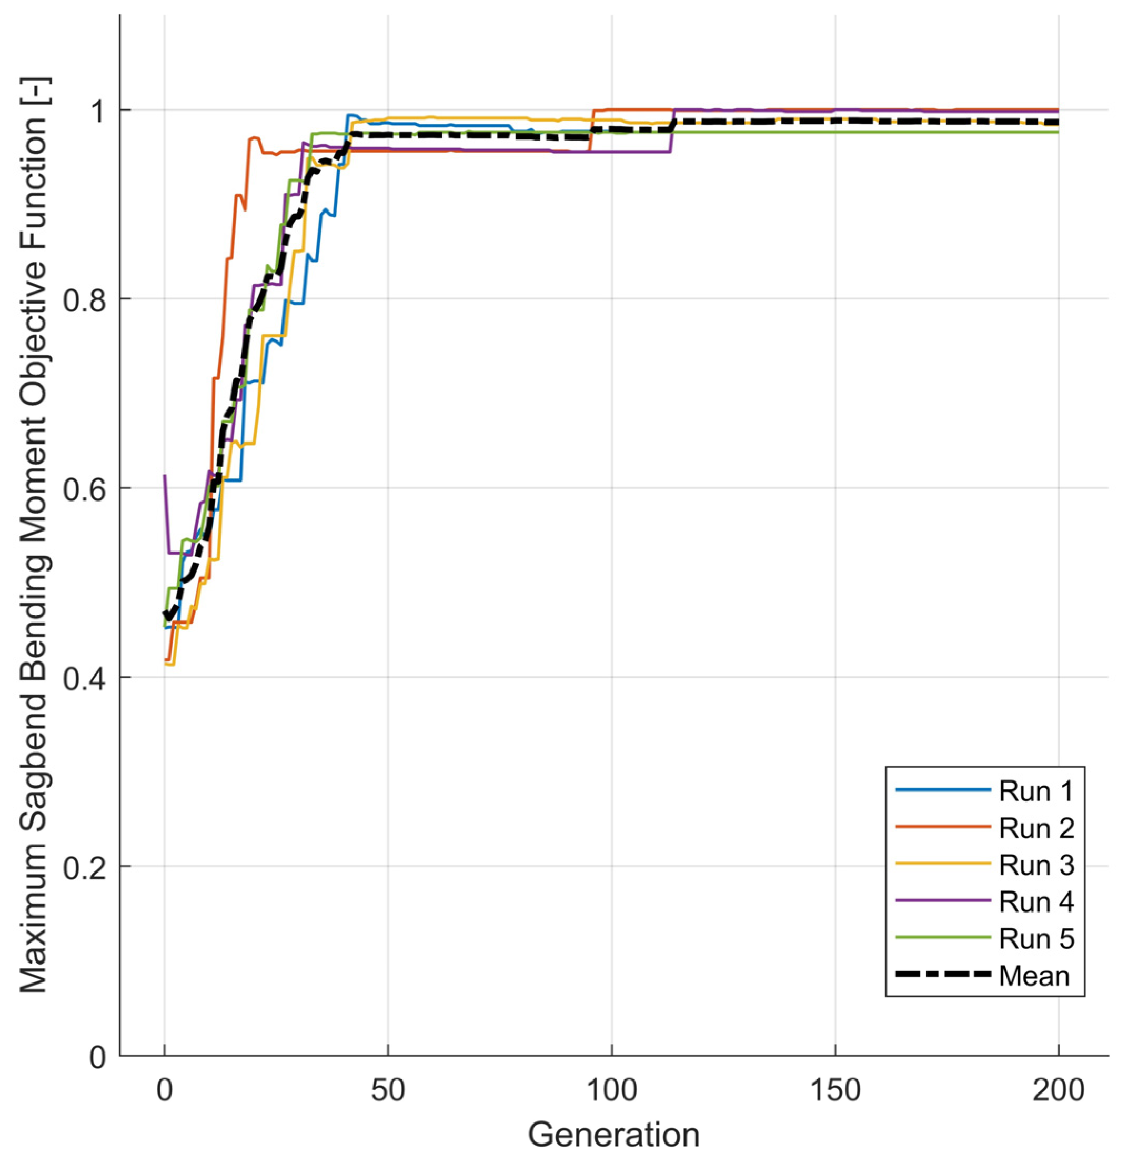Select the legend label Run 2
tap(1035, 828)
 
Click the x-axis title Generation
tap(613, 1135)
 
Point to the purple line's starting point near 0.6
tap(165, 476)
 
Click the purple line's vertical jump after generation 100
tap(672, 132)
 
